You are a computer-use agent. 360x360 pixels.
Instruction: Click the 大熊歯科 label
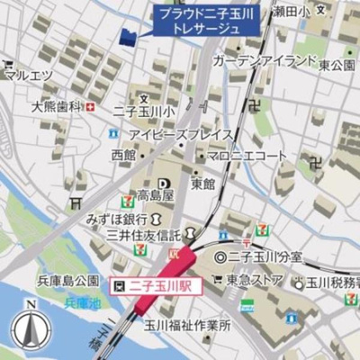55,106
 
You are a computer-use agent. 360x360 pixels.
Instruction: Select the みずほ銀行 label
118,219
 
